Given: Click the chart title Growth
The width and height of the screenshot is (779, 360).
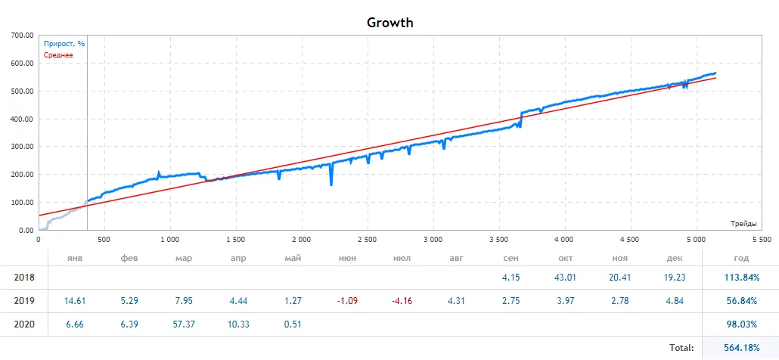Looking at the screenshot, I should click(x=389, y=22).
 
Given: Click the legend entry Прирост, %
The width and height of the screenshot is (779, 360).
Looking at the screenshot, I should click(x=64, y=44).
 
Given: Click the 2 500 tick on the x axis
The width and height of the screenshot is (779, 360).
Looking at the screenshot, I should click(x=367, y=240).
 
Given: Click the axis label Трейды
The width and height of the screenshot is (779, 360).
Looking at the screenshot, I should click(x=745, y=224).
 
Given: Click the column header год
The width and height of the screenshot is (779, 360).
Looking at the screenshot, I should click(x=741, y=259).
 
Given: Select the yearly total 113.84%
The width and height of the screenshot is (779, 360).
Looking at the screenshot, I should click(x=741, y=278).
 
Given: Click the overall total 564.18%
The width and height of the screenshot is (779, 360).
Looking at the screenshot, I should click(x=741, y=348).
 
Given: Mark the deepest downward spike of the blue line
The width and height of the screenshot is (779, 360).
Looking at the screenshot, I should click(x=331, y=185).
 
